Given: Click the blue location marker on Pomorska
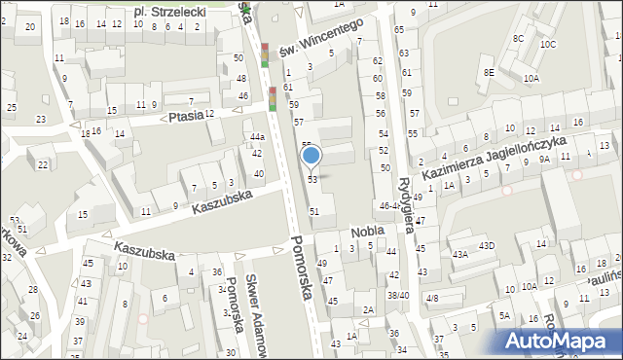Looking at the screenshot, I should point(311,156).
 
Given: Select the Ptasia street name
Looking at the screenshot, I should point(185,116).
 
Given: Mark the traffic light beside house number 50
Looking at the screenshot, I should point(264,54).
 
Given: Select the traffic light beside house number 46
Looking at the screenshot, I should point(273,98).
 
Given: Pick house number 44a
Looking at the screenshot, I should point(256,137).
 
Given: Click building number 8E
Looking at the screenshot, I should point(491,72).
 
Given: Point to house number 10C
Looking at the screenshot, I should point(549,45).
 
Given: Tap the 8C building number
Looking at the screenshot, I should point(519,38).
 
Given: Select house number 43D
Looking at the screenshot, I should point(486,244).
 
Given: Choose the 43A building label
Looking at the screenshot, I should point(459,254).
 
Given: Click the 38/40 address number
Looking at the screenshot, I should point(397,295).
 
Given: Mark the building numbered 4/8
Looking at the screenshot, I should point(432,297).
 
